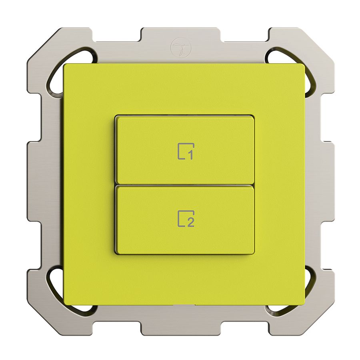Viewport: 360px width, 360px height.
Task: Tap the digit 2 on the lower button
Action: click(190, 223)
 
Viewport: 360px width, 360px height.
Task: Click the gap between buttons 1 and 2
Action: click(184, 185)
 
